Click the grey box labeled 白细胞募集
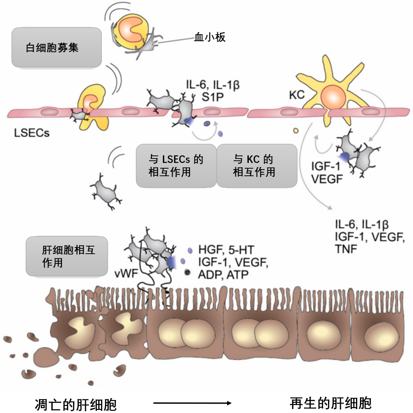(57, 47)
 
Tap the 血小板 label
(210, 37)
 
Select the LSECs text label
(31, 133)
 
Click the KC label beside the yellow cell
(297, 95)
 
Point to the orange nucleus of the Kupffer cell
(333, 97)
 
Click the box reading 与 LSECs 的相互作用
(176, 166)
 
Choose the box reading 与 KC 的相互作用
(257, 166)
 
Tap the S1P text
(213, 97)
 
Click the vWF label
(126, 274)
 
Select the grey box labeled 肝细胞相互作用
(67, 256)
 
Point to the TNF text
(346, 249)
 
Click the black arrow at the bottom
(192, 403)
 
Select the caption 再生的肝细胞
(331, 403)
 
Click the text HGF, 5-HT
(226, 249)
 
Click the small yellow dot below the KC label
(296, 131)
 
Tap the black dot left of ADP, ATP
(187, 272)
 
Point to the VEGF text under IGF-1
(327, 179)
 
